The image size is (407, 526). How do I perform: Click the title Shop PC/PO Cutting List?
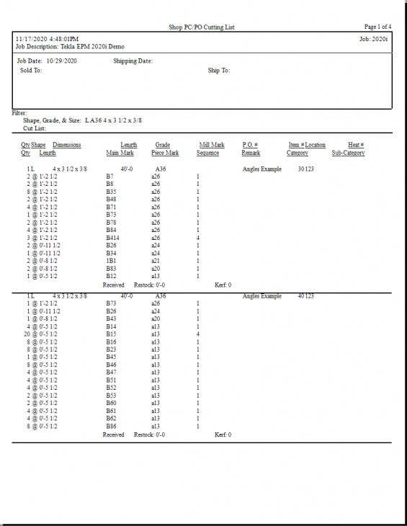point(202,27)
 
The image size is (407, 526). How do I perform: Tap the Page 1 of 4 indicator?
point(377,27)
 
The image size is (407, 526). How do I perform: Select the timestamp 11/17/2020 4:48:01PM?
point(48,39)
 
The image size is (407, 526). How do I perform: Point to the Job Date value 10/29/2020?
point(61,61)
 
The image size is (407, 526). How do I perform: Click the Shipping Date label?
point(133,61)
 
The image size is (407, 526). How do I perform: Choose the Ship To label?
point(219,71)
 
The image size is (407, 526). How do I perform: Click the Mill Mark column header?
point(212,145)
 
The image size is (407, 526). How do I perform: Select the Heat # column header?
point(356,145)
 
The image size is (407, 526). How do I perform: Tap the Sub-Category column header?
point(348,153)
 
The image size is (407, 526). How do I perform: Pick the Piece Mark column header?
point(165,153)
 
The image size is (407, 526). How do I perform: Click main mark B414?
point(113,238)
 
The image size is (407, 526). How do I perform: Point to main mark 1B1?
point(111,261)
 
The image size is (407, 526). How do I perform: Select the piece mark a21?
point(156,261)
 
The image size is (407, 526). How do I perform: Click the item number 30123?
point(305,169)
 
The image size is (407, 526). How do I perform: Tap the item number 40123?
point(305,296)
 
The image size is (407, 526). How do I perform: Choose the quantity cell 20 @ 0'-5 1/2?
point(40,334)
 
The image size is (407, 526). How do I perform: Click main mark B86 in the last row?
point(112,427)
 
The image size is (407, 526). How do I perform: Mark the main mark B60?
point(112,404)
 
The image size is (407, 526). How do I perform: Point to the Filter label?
point(19,113)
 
